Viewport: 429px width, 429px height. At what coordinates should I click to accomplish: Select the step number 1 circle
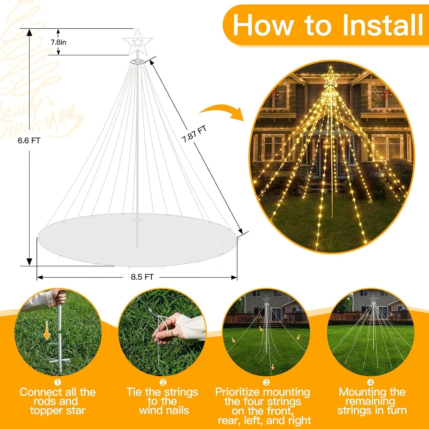click(58, 382)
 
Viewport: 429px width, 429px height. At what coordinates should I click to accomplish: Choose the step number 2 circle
click(163, 382)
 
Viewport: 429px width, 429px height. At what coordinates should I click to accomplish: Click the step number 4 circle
click(371, 382)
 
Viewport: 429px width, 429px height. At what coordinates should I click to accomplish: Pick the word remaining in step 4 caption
click(372, 402)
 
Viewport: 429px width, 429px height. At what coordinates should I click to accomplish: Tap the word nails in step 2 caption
click(172, 411)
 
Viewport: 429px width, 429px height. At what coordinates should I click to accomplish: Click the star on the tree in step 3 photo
click(266, 299)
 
